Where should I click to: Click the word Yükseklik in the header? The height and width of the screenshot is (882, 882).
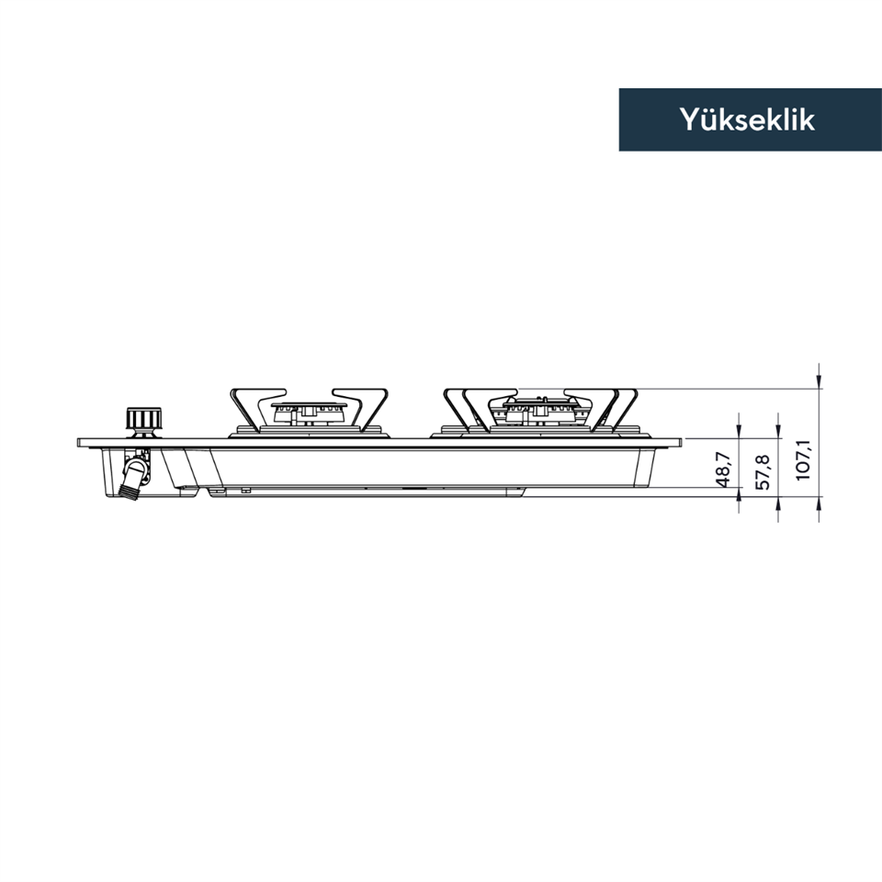tap(747, 119)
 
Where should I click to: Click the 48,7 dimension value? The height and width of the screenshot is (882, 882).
tap(723, 469)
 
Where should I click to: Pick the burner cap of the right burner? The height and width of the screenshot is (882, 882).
tap(540, 403)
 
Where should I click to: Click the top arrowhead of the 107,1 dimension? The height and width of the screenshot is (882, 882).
tap(819, 382)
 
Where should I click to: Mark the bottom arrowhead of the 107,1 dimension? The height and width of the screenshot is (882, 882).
tap(819, 503)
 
